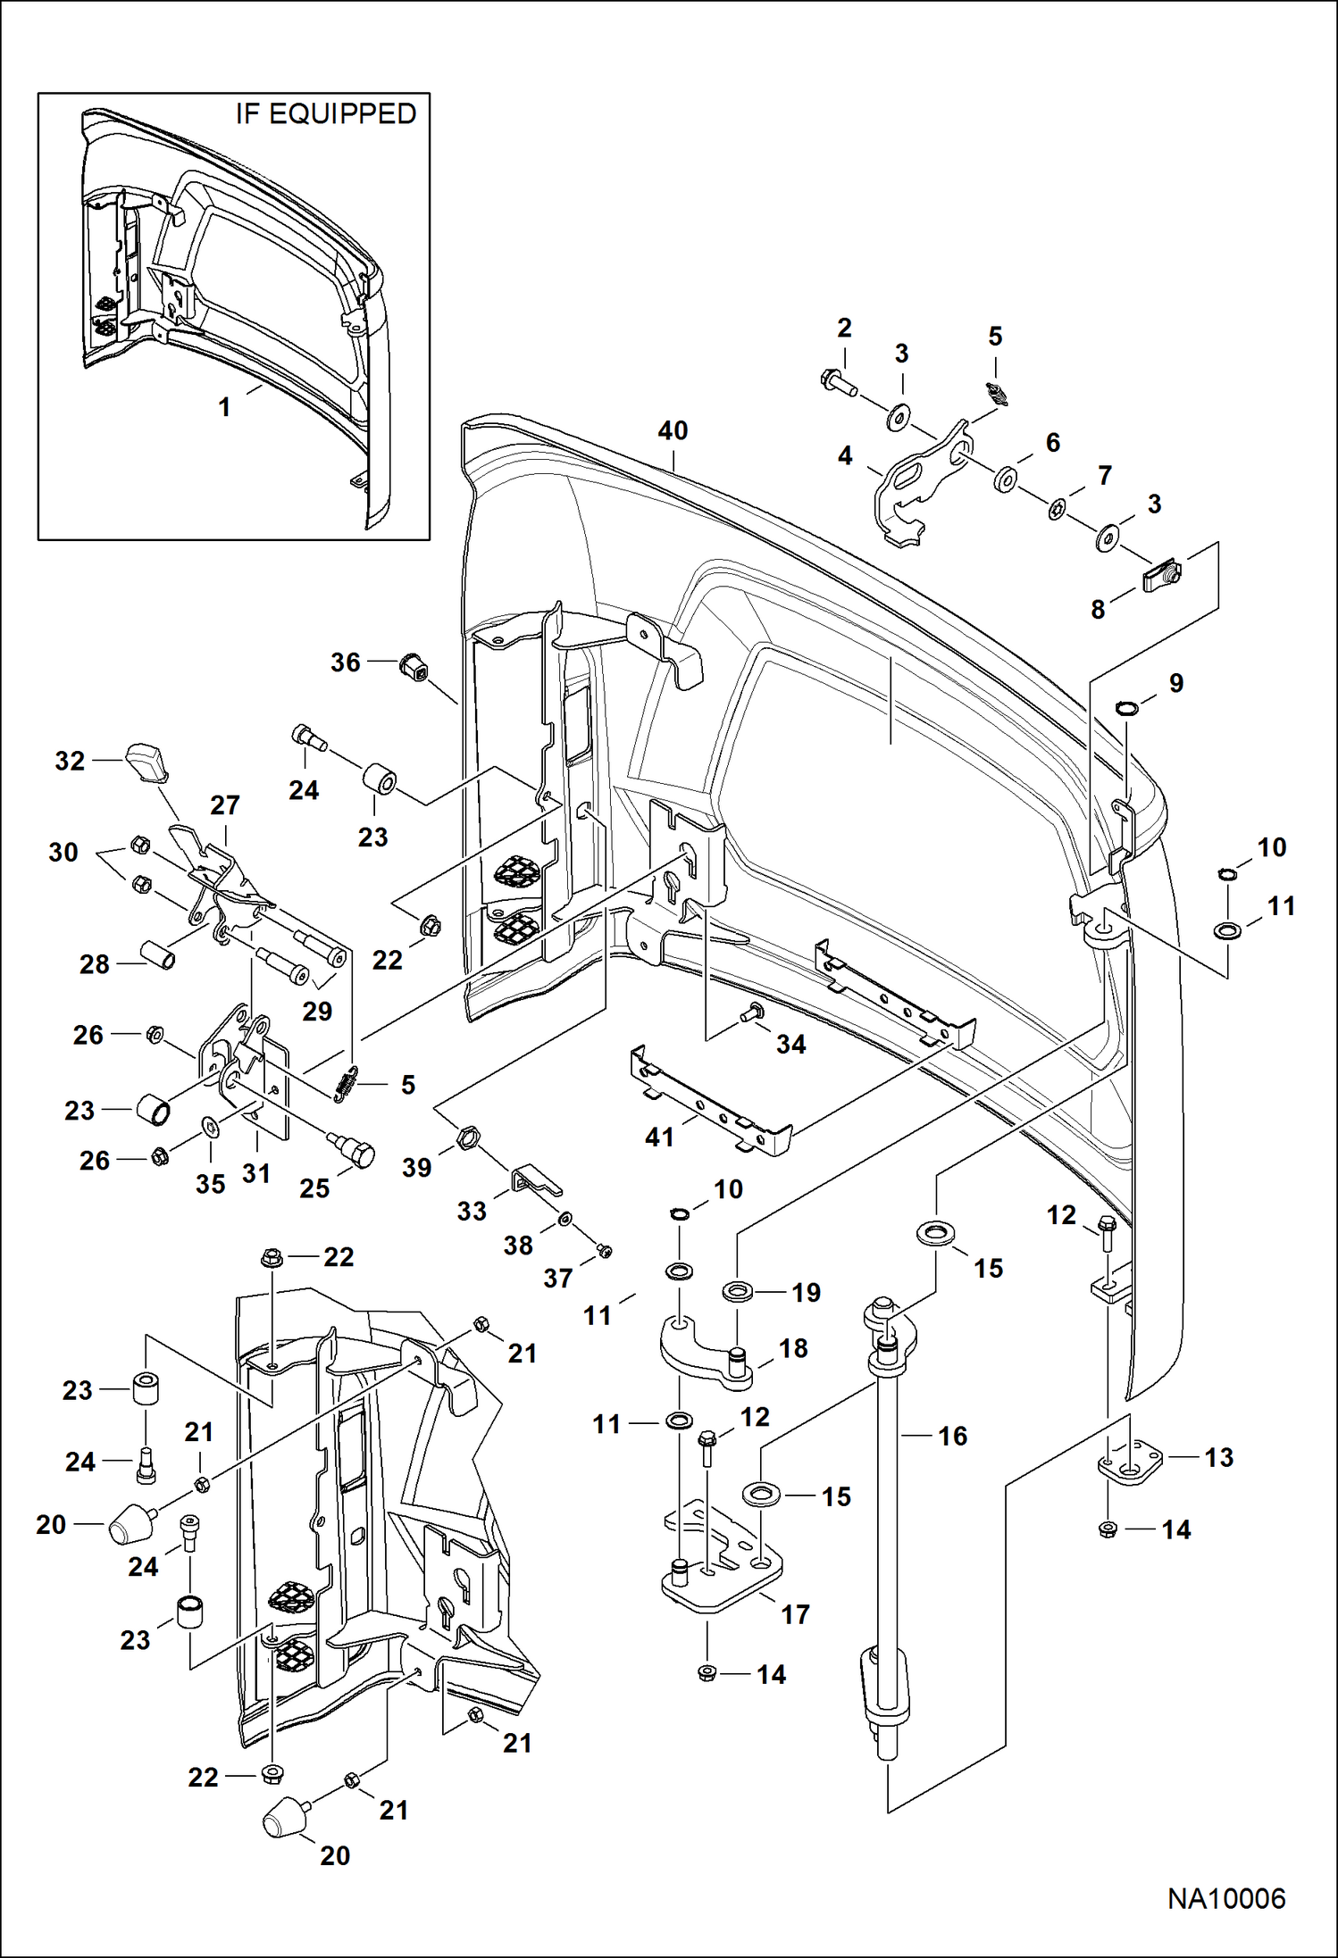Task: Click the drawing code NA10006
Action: (1226, 1898)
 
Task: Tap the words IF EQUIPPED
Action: (326, 114)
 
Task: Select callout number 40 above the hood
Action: (673, 430)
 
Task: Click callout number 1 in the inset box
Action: (225, 407)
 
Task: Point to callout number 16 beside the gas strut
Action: (953, 1436)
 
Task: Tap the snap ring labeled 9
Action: (1128, 709)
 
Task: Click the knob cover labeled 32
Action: (147, 760)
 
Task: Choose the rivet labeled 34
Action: (751, 1012)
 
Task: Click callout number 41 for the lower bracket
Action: (659, 1137)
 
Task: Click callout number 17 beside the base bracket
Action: (795, 1614)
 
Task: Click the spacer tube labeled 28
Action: (156, 955)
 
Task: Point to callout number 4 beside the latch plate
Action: (845, 455)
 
